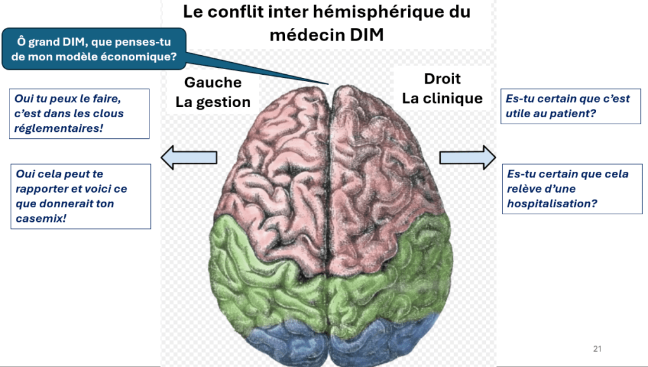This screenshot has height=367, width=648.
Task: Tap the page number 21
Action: (597, 349)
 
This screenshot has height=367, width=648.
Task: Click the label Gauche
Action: (213, 82)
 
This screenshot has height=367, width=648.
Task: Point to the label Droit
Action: (442, 79)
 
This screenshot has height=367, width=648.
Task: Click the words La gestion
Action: (213, 102)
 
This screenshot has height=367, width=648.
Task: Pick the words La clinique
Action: (442, 99)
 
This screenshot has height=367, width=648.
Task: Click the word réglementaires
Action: (58, 128)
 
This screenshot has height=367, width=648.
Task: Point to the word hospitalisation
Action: (550, 203)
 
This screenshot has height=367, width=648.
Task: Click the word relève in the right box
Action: (525, 189)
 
